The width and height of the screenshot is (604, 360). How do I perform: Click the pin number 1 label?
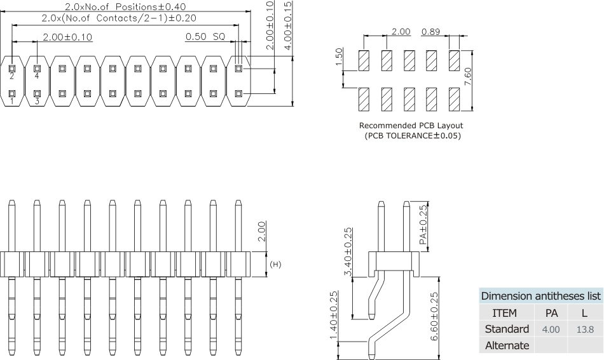[11, 102]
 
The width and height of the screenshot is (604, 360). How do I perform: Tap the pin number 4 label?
[37, 76]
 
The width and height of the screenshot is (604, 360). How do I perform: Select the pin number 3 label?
[37, 102]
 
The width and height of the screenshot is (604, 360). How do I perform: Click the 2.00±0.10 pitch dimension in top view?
[67, 37]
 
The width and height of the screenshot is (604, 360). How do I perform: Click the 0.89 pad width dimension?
[430, 32]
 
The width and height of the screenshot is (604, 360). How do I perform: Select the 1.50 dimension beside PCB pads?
[339, 57]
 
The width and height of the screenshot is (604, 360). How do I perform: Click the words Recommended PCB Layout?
[411, 126]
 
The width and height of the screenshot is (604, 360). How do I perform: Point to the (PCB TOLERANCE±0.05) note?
[412, 136]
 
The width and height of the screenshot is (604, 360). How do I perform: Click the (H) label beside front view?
[275, 264]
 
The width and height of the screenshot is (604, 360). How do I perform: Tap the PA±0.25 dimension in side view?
[423, 226]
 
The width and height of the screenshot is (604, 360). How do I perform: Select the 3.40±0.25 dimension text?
[348, 252]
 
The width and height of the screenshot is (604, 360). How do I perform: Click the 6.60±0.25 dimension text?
[435, 316]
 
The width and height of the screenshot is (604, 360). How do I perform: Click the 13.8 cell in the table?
[584, 330]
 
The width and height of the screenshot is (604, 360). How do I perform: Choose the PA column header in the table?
[551, 313]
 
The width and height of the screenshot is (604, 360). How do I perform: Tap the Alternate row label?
[507, 345]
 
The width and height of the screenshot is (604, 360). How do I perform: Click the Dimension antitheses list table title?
[540, 297]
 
